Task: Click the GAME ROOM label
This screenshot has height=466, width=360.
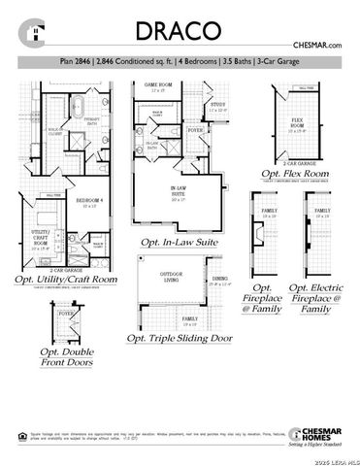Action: [157, 87]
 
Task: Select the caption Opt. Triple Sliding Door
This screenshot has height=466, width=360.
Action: [180, 339]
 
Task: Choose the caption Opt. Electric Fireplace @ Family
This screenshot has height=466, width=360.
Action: [317, 300]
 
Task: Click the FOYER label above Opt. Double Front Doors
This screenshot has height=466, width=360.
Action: [66, 315]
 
